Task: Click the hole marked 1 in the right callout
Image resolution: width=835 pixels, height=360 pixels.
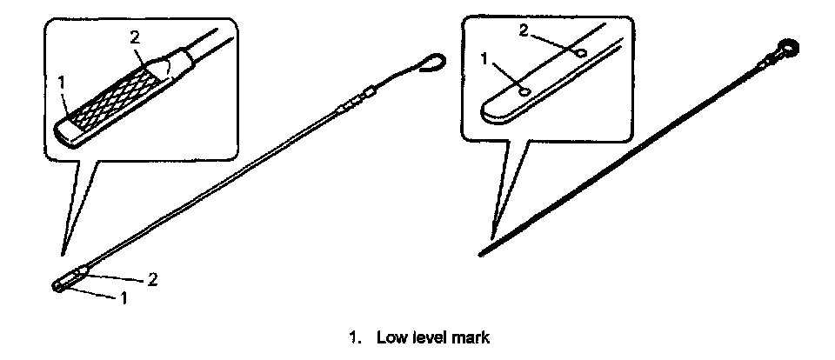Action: (524, 89)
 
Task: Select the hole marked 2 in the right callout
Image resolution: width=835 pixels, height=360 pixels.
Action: (580, 52)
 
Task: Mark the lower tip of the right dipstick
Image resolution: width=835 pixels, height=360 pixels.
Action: (481, 254)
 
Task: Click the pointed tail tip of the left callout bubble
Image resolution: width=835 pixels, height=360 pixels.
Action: (62, 255)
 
